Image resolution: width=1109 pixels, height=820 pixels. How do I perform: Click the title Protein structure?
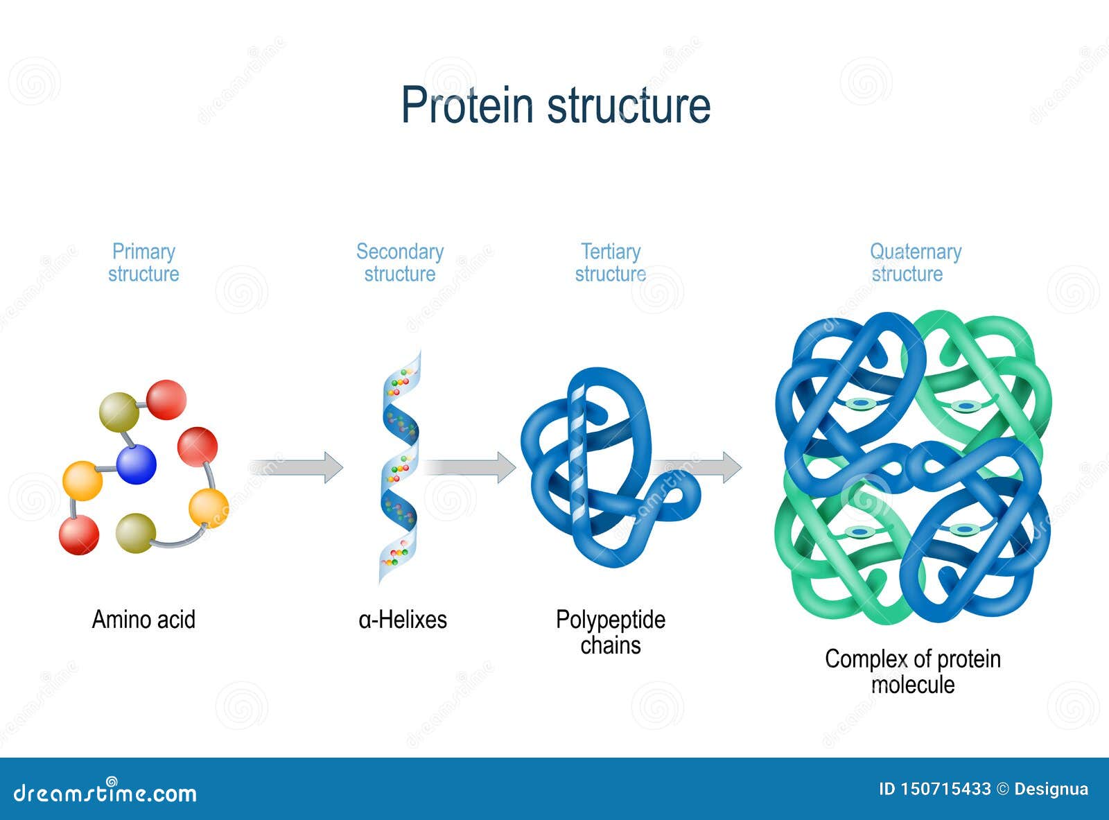555,106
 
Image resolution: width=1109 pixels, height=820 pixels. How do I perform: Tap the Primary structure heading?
143,263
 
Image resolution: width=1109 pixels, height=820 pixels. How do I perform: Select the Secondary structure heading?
400,263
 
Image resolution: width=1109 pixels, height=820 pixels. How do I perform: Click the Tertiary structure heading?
611,263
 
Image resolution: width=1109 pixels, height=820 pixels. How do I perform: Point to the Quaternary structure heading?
915,263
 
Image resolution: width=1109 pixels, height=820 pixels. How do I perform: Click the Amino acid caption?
143,619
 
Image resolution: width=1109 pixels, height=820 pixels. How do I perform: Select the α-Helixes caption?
403,619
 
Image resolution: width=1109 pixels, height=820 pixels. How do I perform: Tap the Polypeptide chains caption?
611,632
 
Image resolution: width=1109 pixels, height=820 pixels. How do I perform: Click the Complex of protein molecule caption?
913,671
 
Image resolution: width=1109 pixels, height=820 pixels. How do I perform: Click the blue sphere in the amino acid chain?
136,464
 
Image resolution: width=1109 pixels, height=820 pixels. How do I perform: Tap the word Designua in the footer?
1051,789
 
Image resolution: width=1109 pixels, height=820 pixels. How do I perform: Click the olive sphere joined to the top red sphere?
119,412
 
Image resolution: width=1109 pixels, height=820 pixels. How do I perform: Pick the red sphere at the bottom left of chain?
79,534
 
